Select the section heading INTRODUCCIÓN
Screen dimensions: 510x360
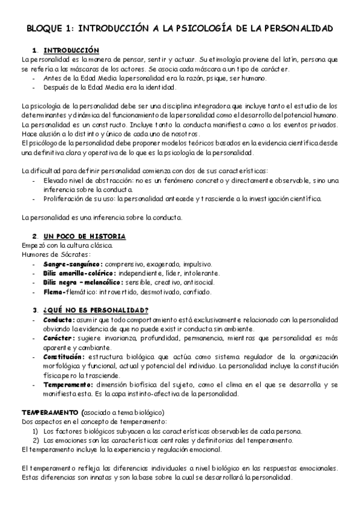[x=71, y=50]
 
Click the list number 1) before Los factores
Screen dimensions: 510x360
[x=36, y=431]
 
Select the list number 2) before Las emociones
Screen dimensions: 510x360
[x=36, y=440]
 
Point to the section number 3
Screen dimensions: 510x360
[x=35, y=310]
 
